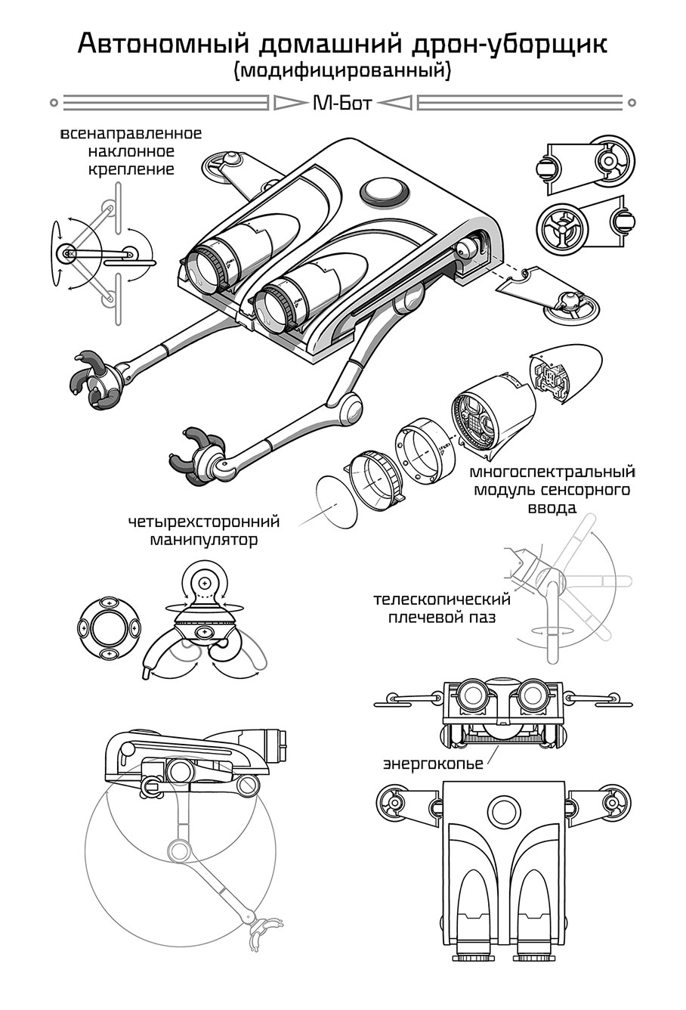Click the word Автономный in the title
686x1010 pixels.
coord(164,45)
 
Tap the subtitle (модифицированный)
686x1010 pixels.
coord(342,72)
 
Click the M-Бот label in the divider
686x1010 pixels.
coord(342,103)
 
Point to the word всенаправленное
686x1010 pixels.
coord(131,134)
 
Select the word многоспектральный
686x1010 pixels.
coord(552,473)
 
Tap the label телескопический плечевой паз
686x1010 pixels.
coord(441,609)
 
